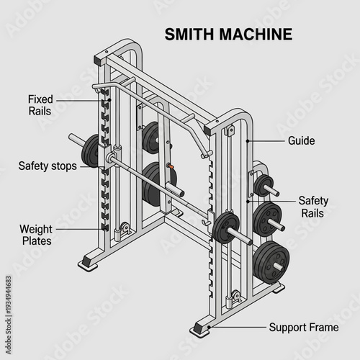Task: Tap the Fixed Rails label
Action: [x=40, y=105]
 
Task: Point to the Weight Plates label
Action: [x=35, y=235]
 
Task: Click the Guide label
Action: [x=301, y=141]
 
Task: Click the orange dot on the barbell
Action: [x=171, y=167]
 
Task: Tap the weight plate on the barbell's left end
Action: [x=91, y=150]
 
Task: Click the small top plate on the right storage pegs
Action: [x=262, y=185]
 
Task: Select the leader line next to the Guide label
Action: [x=266, y=141]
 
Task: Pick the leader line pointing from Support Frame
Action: [x=238, y=328]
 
